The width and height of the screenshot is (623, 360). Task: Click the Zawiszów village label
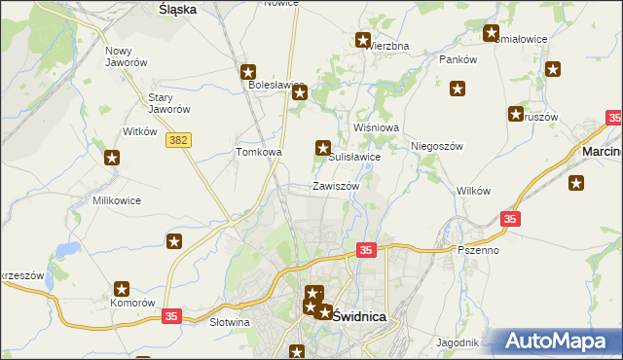(x=336, y=186)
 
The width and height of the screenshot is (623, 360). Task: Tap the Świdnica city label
(x=360, y=316)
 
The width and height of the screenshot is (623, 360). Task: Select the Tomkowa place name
(x=259, y=152)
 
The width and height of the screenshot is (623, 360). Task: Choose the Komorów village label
(x=133, y=303)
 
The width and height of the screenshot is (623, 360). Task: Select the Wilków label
(x=473, y=191)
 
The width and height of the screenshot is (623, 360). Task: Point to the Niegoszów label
(x=436, y=146)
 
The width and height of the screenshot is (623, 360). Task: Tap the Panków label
(x=458, y=59)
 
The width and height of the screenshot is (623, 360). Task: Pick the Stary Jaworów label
(x=167, y=102)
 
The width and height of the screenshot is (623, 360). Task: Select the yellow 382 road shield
(x=178, y=140)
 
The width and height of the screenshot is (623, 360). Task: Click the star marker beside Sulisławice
(x=322, y=148)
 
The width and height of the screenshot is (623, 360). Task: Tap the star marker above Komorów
(x=123, y=288)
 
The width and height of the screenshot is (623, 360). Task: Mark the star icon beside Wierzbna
(x=363, y=40)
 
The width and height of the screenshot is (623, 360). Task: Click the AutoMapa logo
(x=559, y=342)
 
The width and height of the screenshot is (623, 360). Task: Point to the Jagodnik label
(x=458, y=342)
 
